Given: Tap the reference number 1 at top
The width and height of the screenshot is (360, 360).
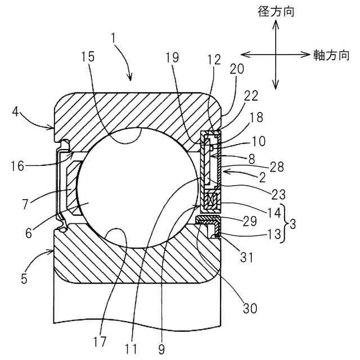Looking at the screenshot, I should (114, 38).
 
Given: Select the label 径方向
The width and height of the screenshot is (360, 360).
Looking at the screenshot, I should (275, 10).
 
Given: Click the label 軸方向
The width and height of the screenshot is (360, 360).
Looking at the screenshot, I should (328, 55).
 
